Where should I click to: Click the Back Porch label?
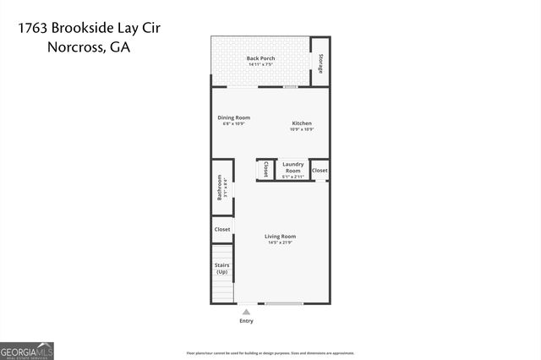pyautogui.click(x=260, y=58)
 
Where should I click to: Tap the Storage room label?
pyautogui.click(x=320, y=62)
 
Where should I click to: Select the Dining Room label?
pyautogui.click(x=233, y=117)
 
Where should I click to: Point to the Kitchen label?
pyautogui.click(x=302, y=123)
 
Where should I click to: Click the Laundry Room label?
pyautogui.click(x=292, y=166)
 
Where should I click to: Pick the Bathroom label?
pyautogui.click(x=220, y=187)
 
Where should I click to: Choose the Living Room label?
pyautogui.click(x=280, y=236)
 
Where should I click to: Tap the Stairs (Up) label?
pyautogui.click(x=221, y=268)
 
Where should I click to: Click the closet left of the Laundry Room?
pyautogui.click(x=266, y=169)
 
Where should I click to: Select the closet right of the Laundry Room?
pyautogui.click(x=320, y=170)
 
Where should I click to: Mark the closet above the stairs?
pyautogui.click(x=221, y=229)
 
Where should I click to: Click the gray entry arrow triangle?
pyautogui.click(x=246, y=311)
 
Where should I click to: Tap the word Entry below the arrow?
pyautogui.click(x=246, y=321)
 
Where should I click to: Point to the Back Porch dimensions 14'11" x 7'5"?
pyautogui.click(x=260, y=64)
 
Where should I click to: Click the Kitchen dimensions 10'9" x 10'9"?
pyautogui.click(x=302, y=129)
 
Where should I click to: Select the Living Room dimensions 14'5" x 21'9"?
pyautogui.click(x=280, y=243)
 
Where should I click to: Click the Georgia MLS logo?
pyautogui.click(x=27, y=349)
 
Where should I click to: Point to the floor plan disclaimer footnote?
pyautogui.click(x=270, y=352)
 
